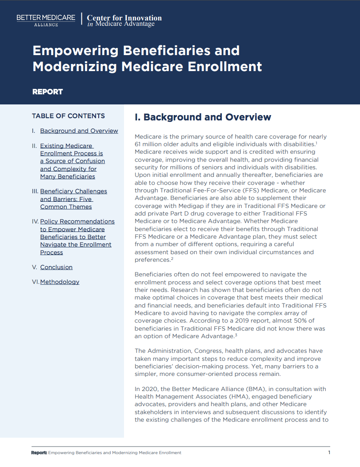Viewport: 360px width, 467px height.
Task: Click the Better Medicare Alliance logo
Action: pyautogui.click(x=46, y=20)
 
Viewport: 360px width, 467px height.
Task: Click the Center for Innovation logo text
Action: pyautogui.click(x=124, y=20)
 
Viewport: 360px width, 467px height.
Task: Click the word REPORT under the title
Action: pyautogui.click(x=48, y=92)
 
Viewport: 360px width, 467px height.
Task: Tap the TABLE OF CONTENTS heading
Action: pyautogui.click(x=68, y=116)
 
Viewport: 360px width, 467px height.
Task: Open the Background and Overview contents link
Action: pyautogui.click(x=79, y=131)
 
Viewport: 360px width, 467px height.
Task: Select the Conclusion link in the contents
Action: pyautogui.click(x=56, y=267)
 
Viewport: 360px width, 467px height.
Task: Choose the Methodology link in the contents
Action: pyautogui.click(x=60, y=282)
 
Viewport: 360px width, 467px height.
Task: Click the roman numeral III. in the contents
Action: pyautogui.click(x=35, y=191)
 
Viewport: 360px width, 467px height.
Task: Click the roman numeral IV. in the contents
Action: pyautogui.click(x=36, y=221)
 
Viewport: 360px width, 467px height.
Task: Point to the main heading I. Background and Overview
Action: pyautogui.click(x=203, y=117)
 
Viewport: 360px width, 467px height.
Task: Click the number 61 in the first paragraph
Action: pyautogui.click(x=138, y=144)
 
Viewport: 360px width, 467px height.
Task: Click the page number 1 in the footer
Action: pyautogui.click(x=329, y=452)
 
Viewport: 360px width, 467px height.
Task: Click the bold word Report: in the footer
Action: pyautogui.click(x=39, y=453)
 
